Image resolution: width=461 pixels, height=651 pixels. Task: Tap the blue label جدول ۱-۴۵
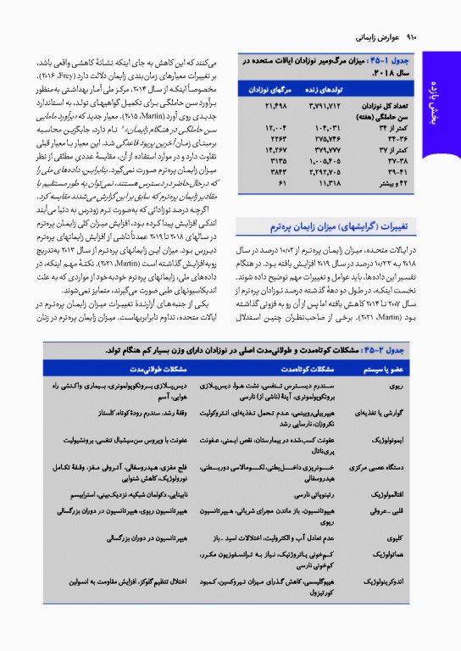413,63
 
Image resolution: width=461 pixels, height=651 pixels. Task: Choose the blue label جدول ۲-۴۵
411,349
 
